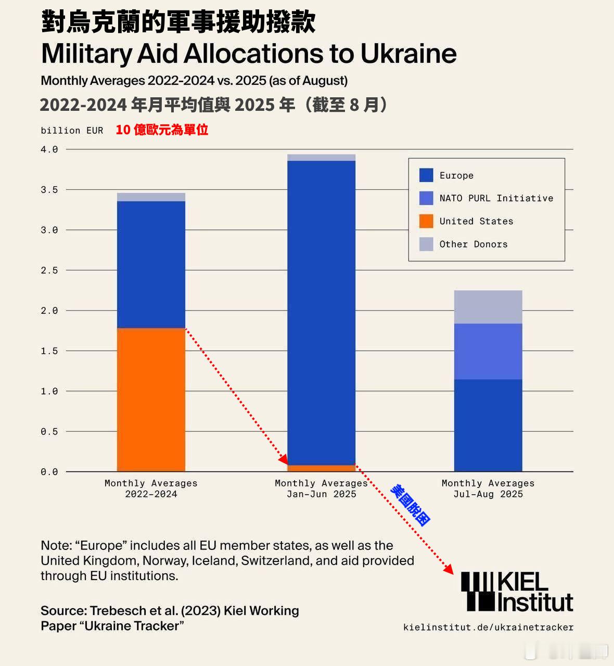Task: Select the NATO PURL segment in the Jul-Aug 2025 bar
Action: pos(488,351)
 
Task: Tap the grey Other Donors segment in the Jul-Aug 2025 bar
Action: pos(488,307)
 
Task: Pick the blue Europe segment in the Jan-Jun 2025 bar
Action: pos(322,312)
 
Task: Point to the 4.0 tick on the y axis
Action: pos(49,149)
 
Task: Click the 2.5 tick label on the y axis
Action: pos(49,270)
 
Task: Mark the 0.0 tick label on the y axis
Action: pos(49,472)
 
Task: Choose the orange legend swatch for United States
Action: pos(426,221)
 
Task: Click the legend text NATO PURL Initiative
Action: pos(496,198)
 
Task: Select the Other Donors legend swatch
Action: pos(426,244)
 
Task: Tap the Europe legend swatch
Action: pos(426,175)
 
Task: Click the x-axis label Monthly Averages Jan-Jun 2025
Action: pos(322,489)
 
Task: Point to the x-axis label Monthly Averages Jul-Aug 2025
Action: pos(488,489)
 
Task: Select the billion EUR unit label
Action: pos(72,131)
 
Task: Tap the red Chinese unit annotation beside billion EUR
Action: pos(162,130)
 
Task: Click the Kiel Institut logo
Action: pos(517,592)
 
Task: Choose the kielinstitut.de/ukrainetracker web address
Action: pos(488,627)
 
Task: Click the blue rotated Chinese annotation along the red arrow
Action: pos(411,505)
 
